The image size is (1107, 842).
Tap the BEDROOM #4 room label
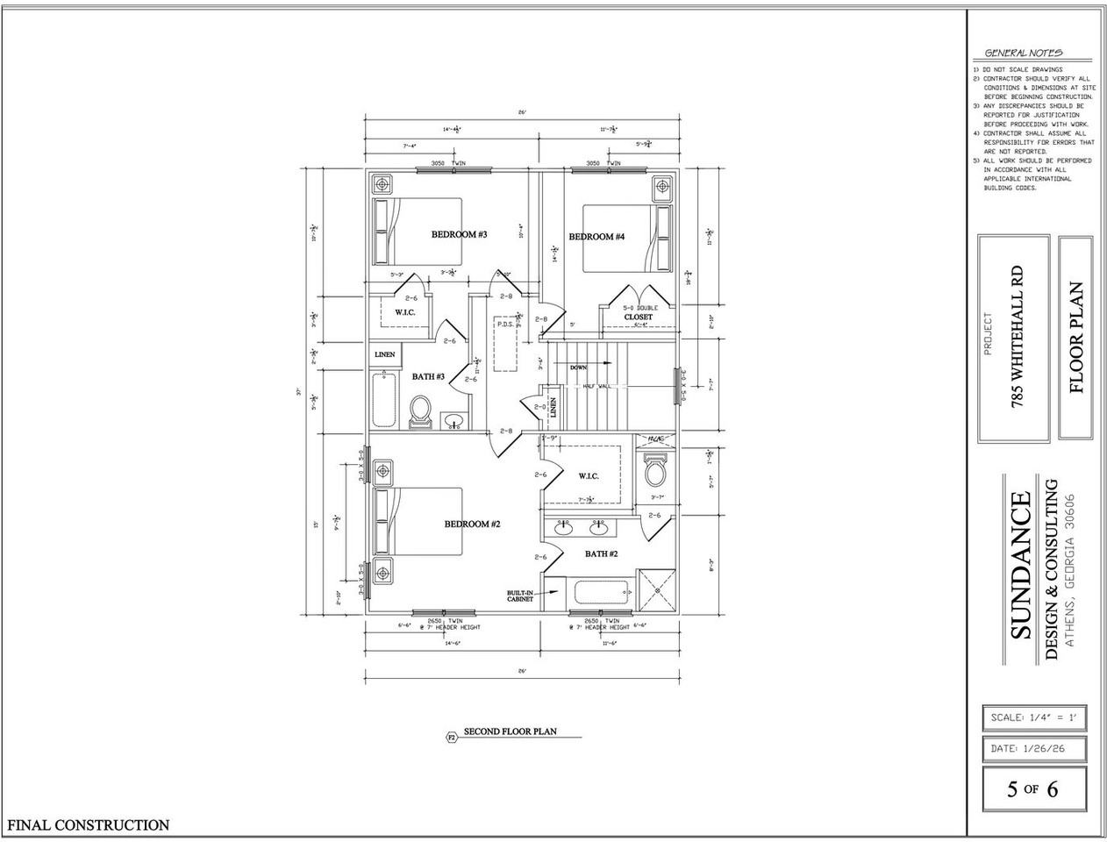[596, 237]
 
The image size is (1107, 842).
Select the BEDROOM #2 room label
[471, 524]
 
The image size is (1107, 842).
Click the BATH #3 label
[429, 376]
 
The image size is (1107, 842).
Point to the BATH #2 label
[602, 553]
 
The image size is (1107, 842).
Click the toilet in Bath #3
[421, 411]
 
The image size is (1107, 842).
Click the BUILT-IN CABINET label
[520, 596]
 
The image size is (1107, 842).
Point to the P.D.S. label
[505, 324]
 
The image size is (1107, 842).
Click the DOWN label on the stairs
[578, 367]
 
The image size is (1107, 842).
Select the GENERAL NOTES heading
[1024, 53]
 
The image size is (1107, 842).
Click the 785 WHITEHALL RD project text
[1018, 338]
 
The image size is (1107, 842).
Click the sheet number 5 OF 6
[1032, 788]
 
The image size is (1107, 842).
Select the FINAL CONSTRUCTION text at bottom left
[88, 824]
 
